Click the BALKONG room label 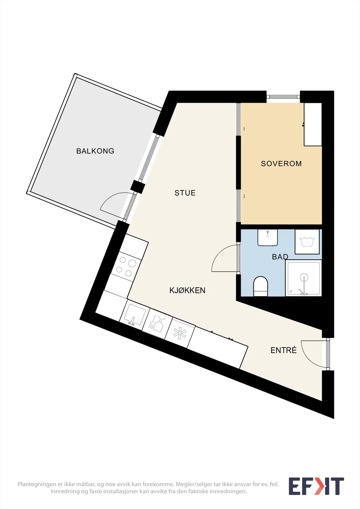pyautogui.click(x=95, y=151)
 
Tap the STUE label pyautogui.click(x=185, y=193)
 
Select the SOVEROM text pyautogui.click(x=281, y=164)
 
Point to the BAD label pyautogui.click(x=280, y=257)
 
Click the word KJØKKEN pyautogui.click(x=187, y=290)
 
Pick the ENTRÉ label pyautogui.click(x=284, y=350)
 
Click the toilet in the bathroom pyautogui.click(x=261, y=286)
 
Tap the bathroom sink pyautogui.click(x=267, y=237)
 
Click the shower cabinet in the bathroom pyautogui.click(x=303, y=278)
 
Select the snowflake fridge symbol pyautogui.click(x=180, y=333)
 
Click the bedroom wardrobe pyautogui.click(x=313, y=124)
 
